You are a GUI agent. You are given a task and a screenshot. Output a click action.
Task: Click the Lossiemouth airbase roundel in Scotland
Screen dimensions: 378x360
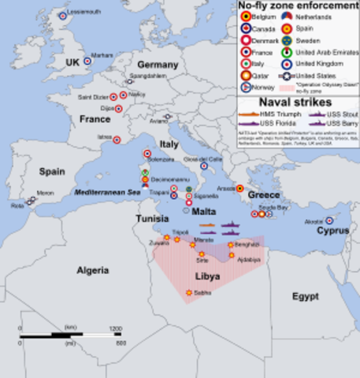coord(63,16)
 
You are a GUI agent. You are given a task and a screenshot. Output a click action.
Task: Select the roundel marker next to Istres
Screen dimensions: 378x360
coord(122,138)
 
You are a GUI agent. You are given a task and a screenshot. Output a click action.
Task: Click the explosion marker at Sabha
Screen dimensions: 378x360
coord(188,293)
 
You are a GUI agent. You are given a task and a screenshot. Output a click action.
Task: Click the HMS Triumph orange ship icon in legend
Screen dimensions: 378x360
coord(249,113)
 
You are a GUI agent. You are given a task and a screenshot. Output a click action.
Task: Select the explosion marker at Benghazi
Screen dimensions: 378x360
coord(230,245)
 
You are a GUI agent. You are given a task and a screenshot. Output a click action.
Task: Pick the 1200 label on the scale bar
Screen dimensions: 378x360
coord(115,327)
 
